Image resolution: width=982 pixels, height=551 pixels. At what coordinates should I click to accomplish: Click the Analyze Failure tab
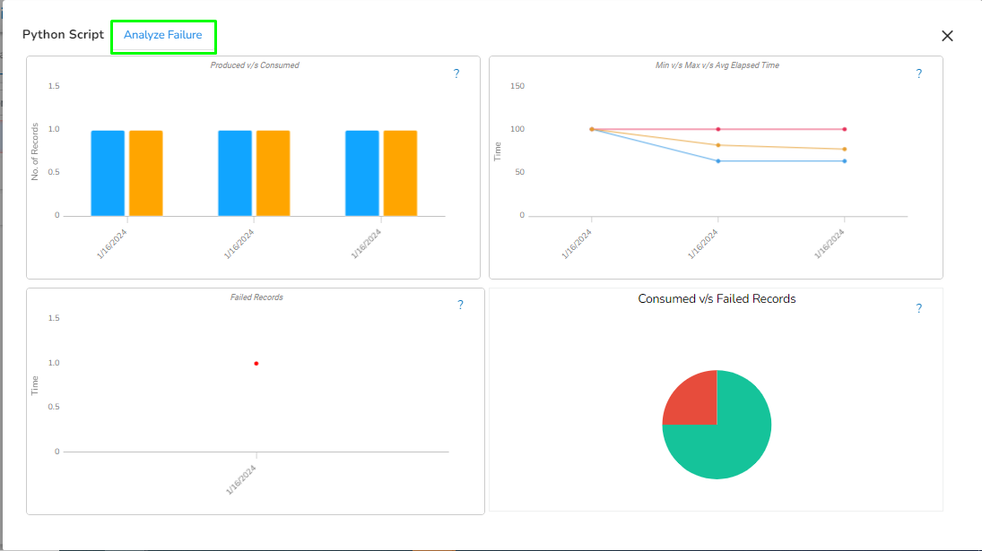tap(163, 36)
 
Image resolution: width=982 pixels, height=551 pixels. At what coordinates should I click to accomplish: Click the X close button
tap(947, 36)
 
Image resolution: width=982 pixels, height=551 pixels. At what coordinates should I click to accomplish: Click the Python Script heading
tap(63, 35)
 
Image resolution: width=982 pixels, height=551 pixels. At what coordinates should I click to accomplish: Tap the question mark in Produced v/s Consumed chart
tap(456, 74)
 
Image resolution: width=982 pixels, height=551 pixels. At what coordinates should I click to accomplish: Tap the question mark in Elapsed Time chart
tap(918, 74)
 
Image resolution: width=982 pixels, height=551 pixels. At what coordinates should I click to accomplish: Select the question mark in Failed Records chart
tap(460, 306)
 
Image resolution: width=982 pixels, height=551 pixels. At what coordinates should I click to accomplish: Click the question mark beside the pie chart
tap(918, 309)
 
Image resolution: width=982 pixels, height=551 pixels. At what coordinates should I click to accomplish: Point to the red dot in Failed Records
tap(256, 364)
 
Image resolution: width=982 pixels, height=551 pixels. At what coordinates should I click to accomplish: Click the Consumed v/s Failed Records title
tap(717, 299)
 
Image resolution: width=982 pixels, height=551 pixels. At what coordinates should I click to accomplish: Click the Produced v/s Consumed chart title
tap(255, 65)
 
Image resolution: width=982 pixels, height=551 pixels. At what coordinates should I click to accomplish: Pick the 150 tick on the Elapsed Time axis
tap(517, 87)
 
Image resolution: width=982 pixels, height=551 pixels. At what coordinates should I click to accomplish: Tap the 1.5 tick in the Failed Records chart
tap(54, 319)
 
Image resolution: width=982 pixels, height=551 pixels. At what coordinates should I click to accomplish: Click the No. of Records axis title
tap(35, 151)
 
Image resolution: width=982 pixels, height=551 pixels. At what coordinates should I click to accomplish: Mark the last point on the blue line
tap(844, 161)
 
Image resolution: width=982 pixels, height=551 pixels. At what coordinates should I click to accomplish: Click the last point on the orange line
tap(844, 150)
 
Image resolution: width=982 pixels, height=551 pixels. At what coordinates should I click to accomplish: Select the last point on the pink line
tap(844, 129)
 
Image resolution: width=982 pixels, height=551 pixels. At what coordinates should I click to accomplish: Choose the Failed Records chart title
tap(256, 297)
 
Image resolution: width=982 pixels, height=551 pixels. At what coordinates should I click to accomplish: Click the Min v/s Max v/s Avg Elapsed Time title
tap(717, 65)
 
